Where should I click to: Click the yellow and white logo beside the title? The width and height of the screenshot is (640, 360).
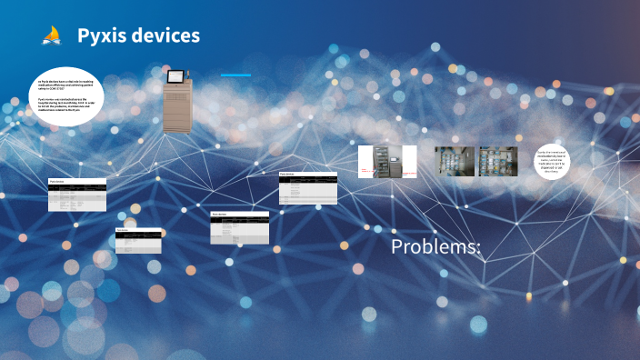pos(52,36)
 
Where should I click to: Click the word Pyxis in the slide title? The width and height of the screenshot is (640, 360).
pos(104,36)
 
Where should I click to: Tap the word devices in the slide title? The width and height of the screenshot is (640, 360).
pos(166,36)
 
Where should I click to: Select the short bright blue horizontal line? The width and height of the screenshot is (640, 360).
pos(236,75)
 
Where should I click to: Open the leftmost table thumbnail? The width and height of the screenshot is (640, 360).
pos(77,195)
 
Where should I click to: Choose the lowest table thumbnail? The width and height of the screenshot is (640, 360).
pos(139,240)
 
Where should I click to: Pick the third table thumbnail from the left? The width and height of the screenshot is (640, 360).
pos(240,227)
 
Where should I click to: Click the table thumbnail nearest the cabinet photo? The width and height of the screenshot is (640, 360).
pos(307,187)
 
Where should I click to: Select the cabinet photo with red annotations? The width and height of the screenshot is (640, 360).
pos(387,161)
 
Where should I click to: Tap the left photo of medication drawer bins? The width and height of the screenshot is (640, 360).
pos(455,161)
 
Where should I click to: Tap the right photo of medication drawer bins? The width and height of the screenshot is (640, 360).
pos(498,161)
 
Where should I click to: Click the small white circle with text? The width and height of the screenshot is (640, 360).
pos(554,162)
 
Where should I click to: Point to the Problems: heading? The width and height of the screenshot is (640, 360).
pos(435,247)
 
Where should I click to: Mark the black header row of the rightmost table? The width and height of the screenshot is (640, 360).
pos(307,178)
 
